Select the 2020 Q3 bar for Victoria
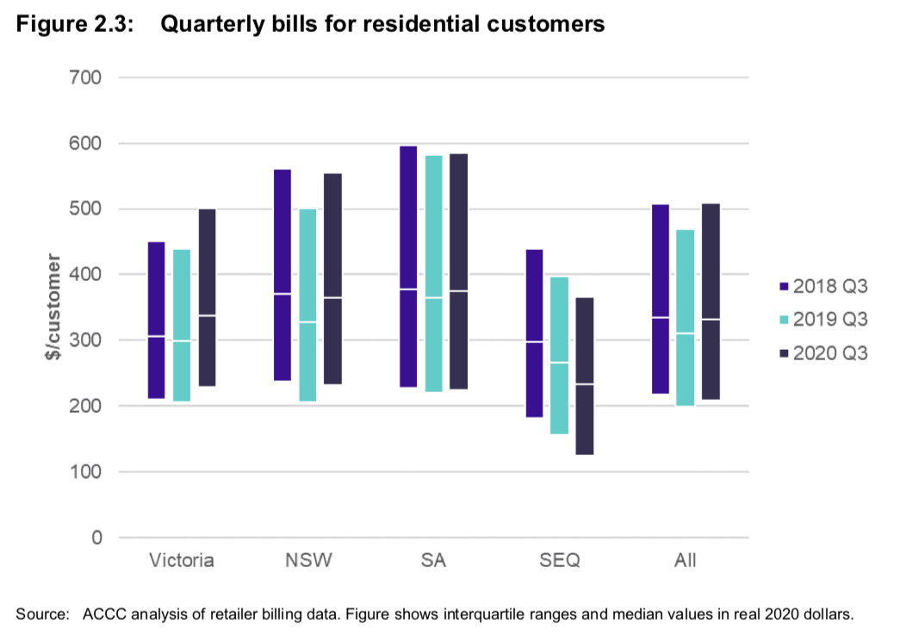(207, 297)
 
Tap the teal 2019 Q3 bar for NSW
(307, 304)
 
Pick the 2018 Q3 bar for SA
(408, 266)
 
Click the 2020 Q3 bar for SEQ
(585, 376)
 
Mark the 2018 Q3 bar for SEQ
(534, 333)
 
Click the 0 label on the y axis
(96, 538)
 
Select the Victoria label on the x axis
(181, 561)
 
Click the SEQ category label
(560, 561)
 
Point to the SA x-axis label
(433, 561)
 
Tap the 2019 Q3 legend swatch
(784, 320)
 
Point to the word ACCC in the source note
(103, 614)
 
